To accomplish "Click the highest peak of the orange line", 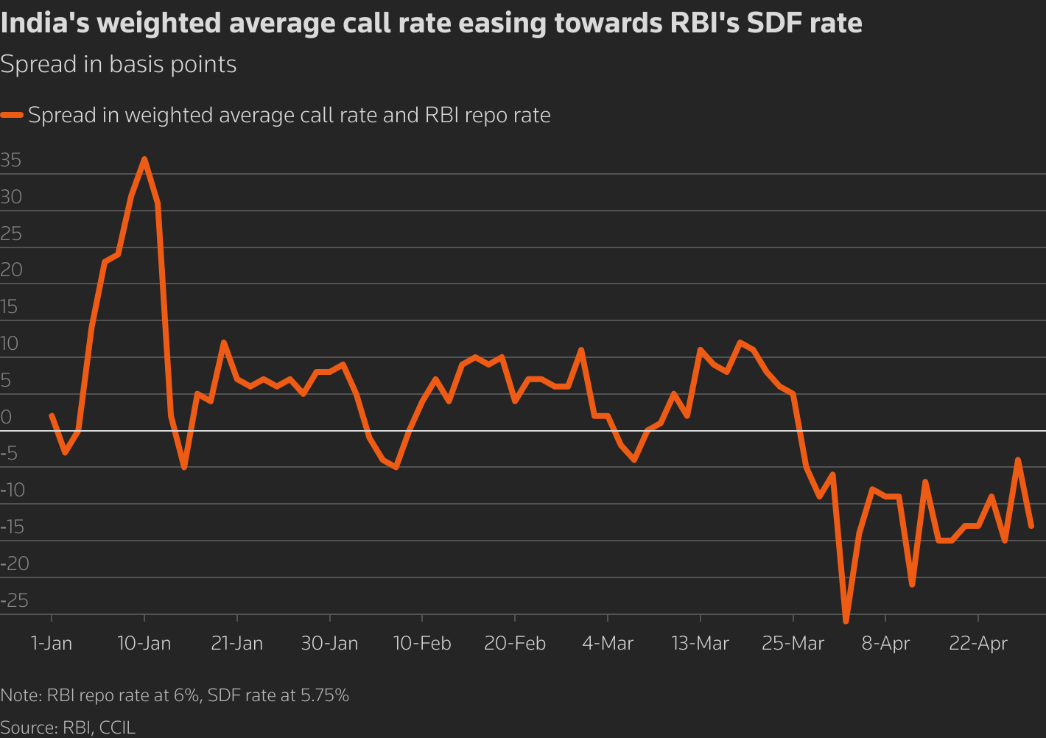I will point(144,159).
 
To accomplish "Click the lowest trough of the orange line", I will point(846,621).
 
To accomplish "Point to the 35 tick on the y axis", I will point(11,161).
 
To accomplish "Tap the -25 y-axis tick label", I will point(14,600).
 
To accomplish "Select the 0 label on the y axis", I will point(6,417).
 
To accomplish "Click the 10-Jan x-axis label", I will point(144,643).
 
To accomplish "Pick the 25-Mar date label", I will point(793,643).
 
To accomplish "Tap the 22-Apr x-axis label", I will point(977,643).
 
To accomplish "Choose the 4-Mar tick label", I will point(607,643).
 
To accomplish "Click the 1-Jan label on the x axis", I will point(52,643).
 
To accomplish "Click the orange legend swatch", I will point(12,116).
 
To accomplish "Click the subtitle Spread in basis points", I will point(119,65).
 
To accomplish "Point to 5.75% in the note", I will point(324,695).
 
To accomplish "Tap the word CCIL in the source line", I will point(117,728).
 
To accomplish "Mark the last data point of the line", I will point(1031,526).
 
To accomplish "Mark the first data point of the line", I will point(52,415).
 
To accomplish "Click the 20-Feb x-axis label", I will point(515,643).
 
